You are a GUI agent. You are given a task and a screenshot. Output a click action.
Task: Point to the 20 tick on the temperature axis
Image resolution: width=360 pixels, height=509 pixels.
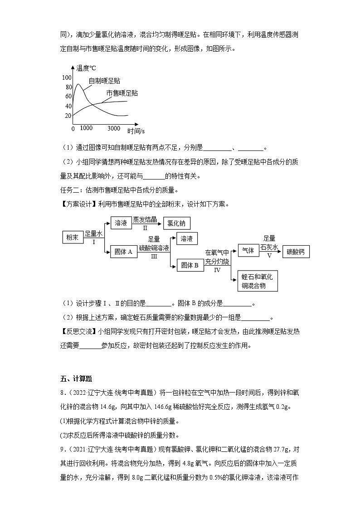tap(68, 116)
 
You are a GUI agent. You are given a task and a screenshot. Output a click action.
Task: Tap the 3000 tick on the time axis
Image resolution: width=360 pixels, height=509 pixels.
tap(114, 129)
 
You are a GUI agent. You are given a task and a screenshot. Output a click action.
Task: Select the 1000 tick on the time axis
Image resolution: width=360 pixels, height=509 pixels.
tap(86, 129)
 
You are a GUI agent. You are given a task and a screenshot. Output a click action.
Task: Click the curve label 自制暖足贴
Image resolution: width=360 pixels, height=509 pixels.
tap(104, 81)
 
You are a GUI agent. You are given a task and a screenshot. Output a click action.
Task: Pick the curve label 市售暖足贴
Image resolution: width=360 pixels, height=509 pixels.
tap(122, 93)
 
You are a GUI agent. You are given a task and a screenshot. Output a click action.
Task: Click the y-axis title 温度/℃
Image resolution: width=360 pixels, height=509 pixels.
tap(86, 68)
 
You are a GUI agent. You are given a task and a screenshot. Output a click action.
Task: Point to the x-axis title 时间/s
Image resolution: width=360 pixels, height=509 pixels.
tap(136, 131)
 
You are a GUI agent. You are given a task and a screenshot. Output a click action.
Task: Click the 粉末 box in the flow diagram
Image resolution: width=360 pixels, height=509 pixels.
tap(73, 238)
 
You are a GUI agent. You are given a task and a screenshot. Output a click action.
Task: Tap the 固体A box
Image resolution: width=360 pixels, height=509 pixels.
tap(124, 252)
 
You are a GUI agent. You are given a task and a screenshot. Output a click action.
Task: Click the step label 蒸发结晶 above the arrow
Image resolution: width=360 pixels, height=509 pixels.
tap(145, 220)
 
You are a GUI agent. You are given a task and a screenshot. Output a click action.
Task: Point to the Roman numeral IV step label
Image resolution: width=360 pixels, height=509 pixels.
tap(217, 270)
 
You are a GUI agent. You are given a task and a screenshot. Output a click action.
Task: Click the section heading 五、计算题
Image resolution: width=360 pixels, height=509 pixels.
tap(76, 379)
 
